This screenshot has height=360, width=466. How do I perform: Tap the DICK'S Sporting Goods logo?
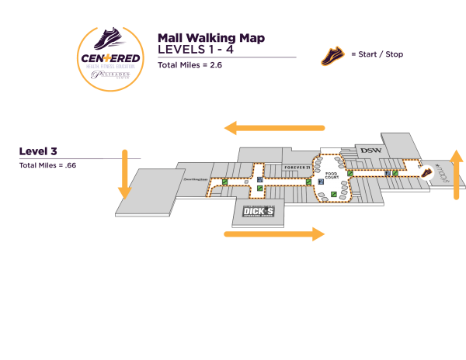click(x=259, y=212)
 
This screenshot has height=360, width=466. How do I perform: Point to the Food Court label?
click(x=332, y=176)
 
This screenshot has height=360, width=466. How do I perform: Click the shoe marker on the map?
click(x=426, y=173)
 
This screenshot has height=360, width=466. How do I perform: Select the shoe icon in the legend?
click(x=333, y=56)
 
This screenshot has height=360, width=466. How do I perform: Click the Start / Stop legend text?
click(x=377, y=54)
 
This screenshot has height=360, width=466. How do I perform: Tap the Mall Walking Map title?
click(x=210, y=37)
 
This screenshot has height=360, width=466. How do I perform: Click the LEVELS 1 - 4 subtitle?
click(x=195, y=49)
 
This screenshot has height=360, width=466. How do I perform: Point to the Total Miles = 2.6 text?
click(x=190, y=65)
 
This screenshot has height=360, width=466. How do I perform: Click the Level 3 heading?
click(x=38, y=151)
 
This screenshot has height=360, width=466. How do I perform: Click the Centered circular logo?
click(x=110, y=58)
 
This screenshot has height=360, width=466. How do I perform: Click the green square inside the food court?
click(x=334, y=193)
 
